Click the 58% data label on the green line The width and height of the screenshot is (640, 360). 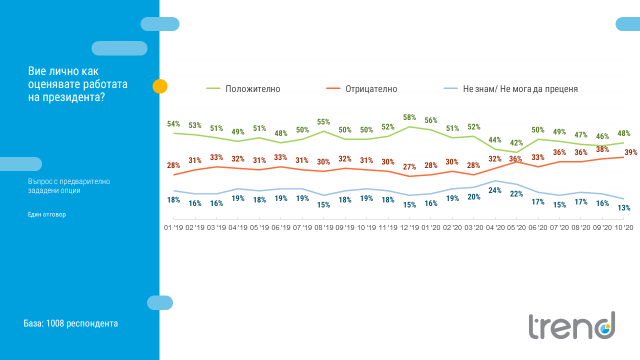[x=409, y=117]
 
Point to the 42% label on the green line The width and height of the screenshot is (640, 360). [x=516, y=143]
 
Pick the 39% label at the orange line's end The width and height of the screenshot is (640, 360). [x=630, y=152]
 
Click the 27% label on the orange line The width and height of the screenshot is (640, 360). [x=409, y=167]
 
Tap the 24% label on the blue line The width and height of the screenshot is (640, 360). [x=495, y=190]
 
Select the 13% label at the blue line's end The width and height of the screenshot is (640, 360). [x=623, y=208]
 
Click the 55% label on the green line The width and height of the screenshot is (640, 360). [x=323, y=122]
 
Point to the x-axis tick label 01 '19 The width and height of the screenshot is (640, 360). [x=173, y=227]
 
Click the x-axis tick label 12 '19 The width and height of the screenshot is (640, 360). [x=409, y=227]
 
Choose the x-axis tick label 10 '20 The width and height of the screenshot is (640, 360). [x=623, y=227]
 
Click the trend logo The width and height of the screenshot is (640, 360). [x=572, y=325]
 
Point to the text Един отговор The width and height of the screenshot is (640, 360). [x=47, y=214]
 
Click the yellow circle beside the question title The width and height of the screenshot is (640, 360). [x=160, y=86]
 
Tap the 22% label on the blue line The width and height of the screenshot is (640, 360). [x=516, y=193]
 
